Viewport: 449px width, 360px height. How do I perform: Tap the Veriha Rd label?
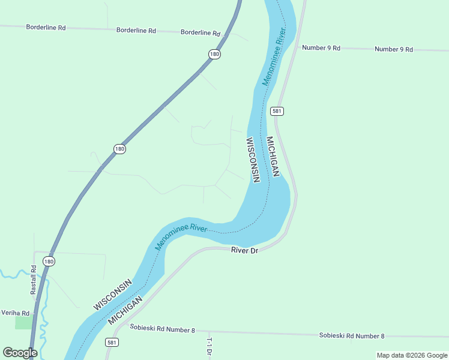[x=16, y=313]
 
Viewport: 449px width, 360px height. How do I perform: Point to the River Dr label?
[x=244, y=250]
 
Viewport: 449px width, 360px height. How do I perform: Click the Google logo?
[x=20, y=353]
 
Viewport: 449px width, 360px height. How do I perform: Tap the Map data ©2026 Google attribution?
[x=412, y=355]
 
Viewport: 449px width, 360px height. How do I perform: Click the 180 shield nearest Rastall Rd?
[x=49, y=261]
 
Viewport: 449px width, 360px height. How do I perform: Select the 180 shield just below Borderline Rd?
[x=214, y=54]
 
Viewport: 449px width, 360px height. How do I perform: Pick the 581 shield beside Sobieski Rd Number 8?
[x=112, y=343]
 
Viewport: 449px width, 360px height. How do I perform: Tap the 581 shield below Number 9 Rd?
[x=277, y=111]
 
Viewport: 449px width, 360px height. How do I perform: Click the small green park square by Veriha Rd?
[x=23, y=322]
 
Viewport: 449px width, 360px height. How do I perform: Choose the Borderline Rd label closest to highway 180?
[x=200, y=32]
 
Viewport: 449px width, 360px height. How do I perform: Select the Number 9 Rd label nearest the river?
[x=321, y=47]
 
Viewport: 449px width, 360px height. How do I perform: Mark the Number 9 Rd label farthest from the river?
[x=393, y=49]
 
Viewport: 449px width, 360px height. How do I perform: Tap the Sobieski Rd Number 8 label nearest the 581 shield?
[x=162, y=329]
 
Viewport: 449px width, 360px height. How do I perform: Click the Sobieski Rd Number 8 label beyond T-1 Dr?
[x=351, y=335]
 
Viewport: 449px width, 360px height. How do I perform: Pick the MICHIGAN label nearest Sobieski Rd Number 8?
[x=125, y=310]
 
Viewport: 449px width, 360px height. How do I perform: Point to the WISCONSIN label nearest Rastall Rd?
[x=112, y=295]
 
